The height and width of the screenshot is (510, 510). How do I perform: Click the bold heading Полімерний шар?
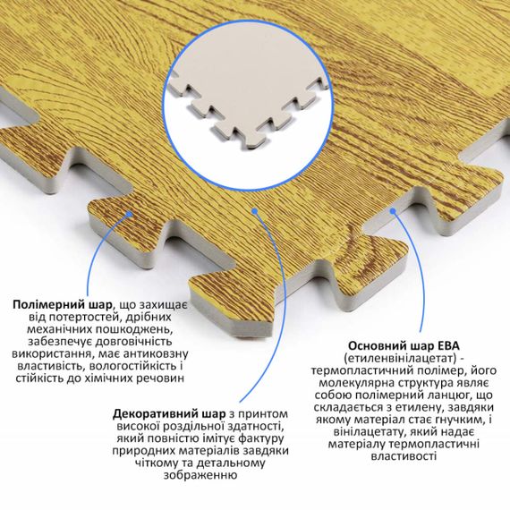[62, 305]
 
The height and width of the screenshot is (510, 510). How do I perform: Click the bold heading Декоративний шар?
[169, 414]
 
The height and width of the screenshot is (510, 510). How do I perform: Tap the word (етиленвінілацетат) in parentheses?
[401, 358]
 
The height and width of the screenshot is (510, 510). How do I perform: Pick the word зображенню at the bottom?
[200, 475]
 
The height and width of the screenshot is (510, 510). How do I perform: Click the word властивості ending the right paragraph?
[404, 456]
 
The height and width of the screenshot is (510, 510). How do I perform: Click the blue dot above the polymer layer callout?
[130, 214]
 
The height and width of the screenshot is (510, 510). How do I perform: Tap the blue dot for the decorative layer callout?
[255, 211]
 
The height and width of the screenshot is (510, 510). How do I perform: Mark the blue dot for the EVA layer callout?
[393, 211]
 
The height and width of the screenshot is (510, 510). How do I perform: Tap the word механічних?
[59, 329]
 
